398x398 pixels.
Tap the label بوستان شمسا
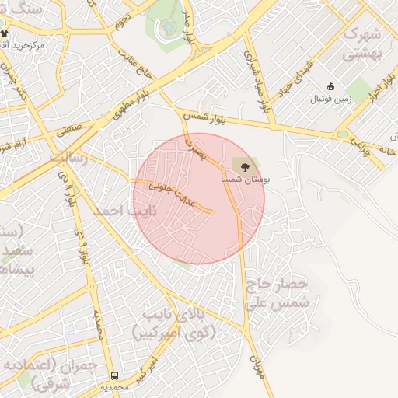[246, 179]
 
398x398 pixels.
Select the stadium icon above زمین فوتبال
[331, 86]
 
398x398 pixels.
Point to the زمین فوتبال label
[331, 99]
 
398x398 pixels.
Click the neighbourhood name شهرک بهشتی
[363, 44]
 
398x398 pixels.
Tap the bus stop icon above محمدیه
[115, 375]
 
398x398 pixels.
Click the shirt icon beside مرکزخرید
[5, 34]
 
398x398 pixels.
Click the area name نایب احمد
[124, 211]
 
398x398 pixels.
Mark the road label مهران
[257, 365]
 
